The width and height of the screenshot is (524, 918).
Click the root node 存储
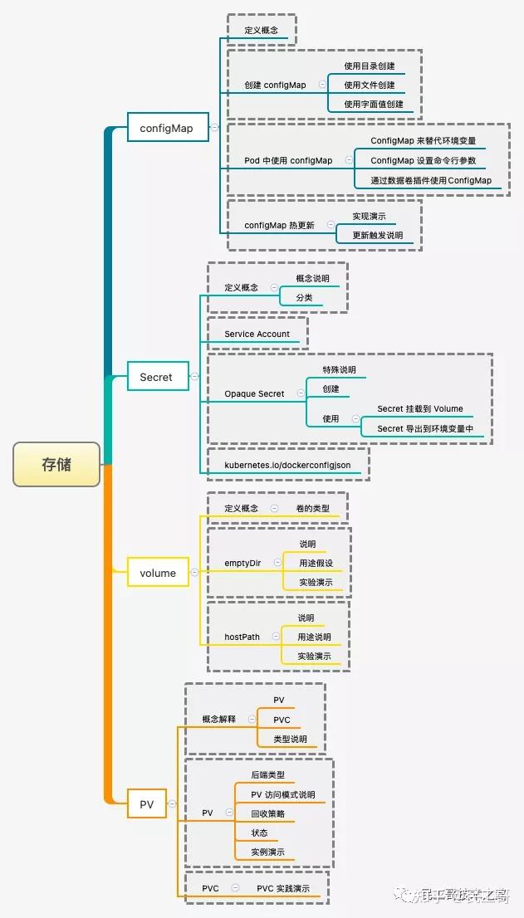pyautogui.click(x=56, y=464)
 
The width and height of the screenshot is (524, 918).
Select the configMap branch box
pyautogui.click(x=166, y=128)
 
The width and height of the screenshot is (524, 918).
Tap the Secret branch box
pyautogui.click(x=156, y=377)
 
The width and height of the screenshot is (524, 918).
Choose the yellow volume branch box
pyautogui.click(x=158, y=573)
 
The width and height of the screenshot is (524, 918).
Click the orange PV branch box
pyautogui.click(x=146, y=803)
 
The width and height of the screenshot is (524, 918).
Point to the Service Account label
pyautogui.click(x=257, y=334)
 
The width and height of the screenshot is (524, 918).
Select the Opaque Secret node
pyautogui.click(x=254, y=393)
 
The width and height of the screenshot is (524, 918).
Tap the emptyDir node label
pyautogui.click(x=242, y=563)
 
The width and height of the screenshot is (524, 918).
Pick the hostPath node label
pyautogui.click(x=242, y=637)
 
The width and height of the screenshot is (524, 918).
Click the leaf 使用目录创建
pyautogui.click(x=370, y=66)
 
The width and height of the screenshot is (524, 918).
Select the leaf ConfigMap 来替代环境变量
pyautogui.click(x=424, y=140)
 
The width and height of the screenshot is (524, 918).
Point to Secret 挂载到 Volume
pyautogui.click(x=420, y=408)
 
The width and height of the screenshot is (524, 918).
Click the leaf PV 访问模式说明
pyautogui.click(x=282, y=794)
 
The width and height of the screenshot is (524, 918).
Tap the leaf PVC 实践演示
pyautogui.click(x=283, y=888)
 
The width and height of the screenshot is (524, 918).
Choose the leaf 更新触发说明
pyautogui.click(x=377, y=235)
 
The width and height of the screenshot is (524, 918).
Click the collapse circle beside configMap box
pyautogui.click(x=214, y=128)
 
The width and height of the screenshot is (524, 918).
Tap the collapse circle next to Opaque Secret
pyautogui.click(x=300, y=393)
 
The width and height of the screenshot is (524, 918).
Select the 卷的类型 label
pyautogui.click(x=312, y=508)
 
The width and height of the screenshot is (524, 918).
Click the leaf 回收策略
pyautogui.click(x=267, y=813)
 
